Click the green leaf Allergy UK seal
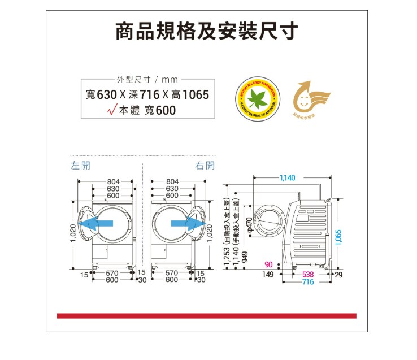point(258,97)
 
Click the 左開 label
point(80,166)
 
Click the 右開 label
point(205,166)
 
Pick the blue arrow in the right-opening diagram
point(186,224)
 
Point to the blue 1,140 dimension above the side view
point(287,178)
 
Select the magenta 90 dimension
point(268,264)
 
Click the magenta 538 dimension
point(309,274)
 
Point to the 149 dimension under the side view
point(268,274)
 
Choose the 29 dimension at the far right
point(339,274)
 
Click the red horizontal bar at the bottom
point(206,315)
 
